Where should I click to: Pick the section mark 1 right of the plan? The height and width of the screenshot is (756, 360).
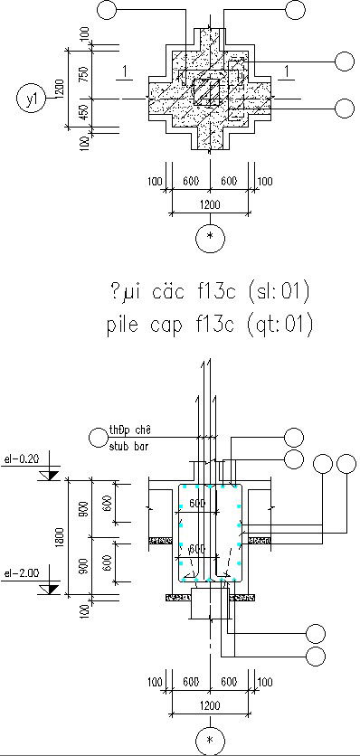point(287,72)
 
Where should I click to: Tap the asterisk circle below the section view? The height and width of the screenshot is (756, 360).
point(210,741)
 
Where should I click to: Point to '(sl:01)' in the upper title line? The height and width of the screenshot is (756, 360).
point(279,292)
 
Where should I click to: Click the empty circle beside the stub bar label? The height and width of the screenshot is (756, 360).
point(99,439)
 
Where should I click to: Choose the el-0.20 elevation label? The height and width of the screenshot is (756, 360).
point(22,458)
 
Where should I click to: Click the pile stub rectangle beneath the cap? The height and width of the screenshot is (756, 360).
point(209,602)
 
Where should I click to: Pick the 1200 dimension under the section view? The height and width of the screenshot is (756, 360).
point(210,703)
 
